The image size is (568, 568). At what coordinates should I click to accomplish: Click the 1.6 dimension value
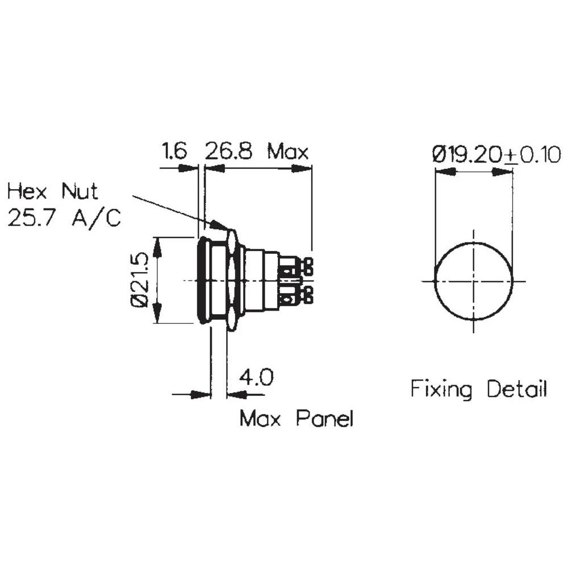(174, 152)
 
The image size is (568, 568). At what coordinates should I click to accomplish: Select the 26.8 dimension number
(228, 152)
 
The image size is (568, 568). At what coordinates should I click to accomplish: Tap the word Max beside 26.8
(288, 152)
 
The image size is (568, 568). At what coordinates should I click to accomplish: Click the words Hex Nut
(53, 191)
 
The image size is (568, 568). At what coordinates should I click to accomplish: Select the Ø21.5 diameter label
(141, 280)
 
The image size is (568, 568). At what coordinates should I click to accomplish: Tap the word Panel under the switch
(324, 419)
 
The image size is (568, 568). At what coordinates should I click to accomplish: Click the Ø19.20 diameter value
(467, 154)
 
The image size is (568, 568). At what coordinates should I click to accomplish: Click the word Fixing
(441, 389)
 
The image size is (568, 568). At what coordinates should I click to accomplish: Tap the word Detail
(517, 389)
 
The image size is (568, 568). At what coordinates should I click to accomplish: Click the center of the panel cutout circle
(473, 281)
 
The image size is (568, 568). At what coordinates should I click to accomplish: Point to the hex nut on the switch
(231, 279)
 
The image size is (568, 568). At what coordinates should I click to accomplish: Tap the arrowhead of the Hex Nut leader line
(219, 225)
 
